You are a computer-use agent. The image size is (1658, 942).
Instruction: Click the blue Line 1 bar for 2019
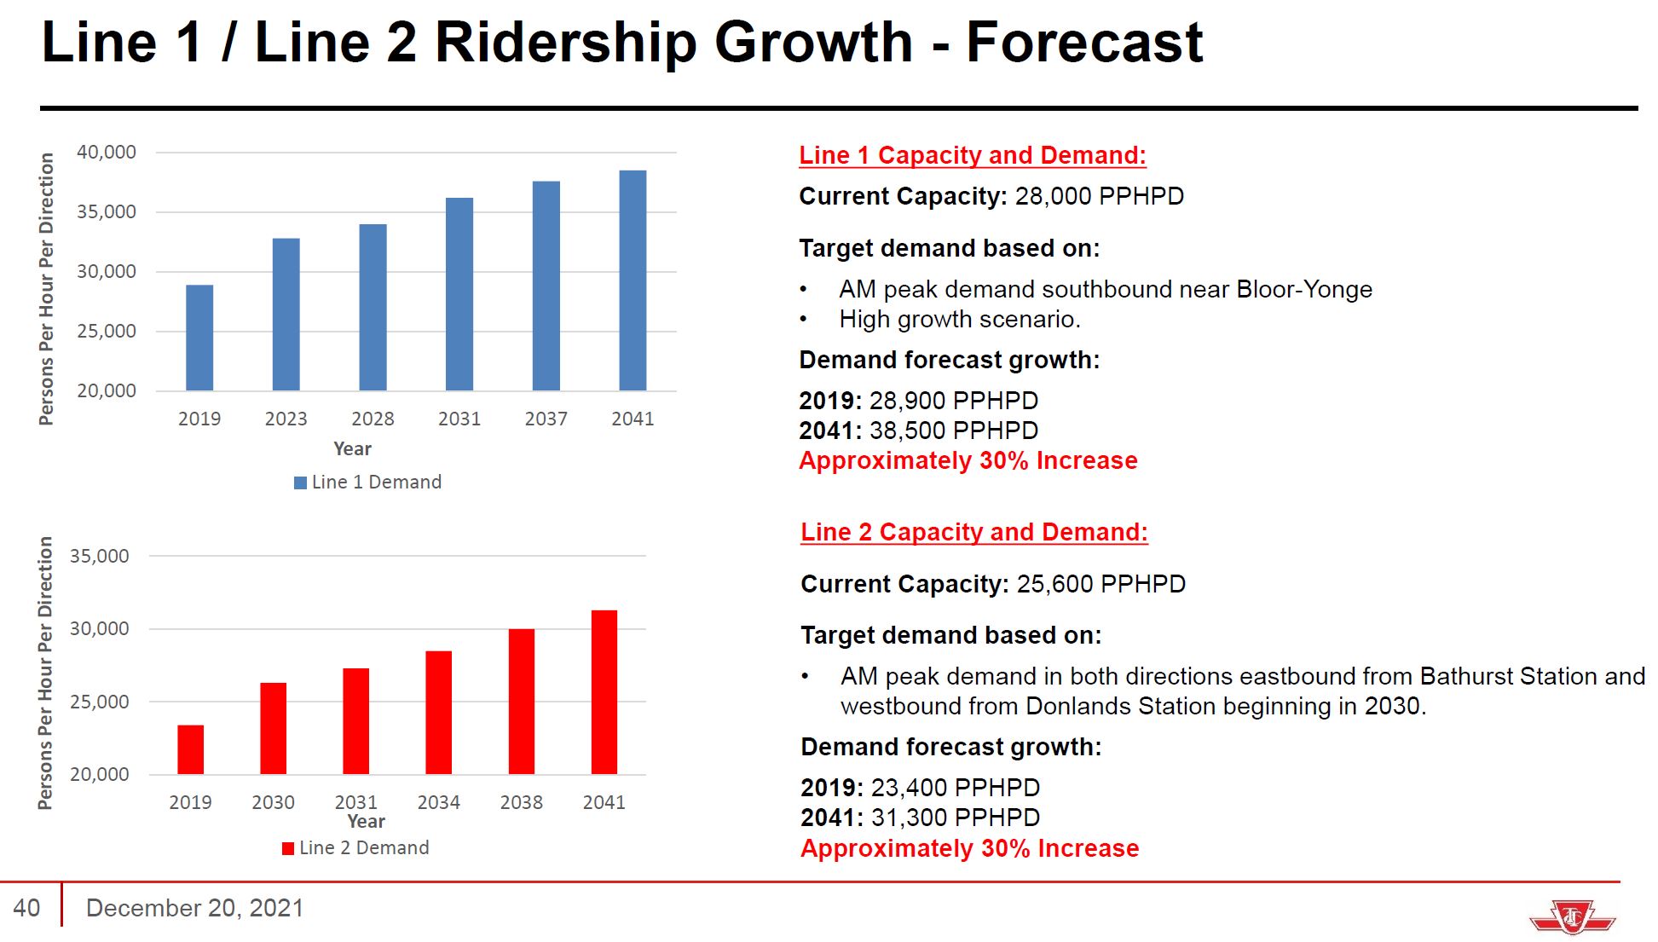pos(199,338)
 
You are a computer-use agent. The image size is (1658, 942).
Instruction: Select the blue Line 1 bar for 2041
pos(633,280)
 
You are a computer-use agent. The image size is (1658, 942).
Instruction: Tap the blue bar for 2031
pos(459,294)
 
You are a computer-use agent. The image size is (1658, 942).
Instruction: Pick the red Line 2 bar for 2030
pos(273,728)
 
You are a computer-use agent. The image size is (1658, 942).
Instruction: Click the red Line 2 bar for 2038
pos(522,702)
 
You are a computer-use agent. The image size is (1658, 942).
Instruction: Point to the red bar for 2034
pos(438,713)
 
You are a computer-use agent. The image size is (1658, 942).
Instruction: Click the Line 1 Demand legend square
pos(300,483)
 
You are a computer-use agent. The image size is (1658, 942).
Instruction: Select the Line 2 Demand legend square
pos(288,848)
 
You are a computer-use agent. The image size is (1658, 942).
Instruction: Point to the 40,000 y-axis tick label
pos(107,153)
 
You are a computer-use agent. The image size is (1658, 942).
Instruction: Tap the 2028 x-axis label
pos(373,419)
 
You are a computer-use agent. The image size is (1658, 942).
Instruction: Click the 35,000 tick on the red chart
pos(100,557)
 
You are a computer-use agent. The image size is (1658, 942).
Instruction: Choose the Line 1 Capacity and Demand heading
pos(972,155)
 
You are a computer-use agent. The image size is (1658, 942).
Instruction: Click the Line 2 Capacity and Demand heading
pos(973,532)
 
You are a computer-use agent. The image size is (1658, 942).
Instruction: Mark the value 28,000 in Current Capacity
pos(1053,196)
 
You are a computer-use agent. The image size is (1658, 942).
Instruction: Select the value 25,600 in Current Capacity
pos(1054,584)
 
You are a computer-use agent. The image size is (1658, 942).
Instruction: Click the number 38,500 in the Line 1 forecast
pos(907,431)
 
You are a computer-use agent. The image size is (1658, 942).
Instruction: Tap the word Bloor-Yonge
pos(1304,290)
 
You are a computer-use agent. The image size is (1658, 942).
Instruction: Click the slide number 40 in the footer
pos(27,908)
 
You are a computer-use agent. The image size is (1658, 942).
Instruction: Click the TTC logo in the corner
pos(1572,917)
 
